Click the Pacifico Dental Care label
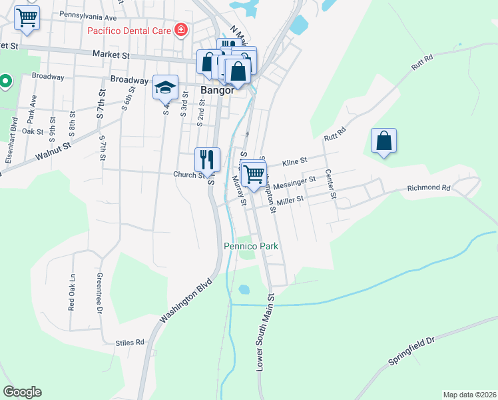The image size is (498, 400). pyautogui.click(x=128, y=31)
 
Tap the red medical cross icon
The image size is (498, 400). pyautogui.click(x=179, y=30)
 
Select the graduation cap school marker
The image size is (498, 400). pyautogui.click(x=166, y=87)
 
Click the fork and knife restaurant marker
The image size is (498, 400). pyautogui.click(x=207, y=159)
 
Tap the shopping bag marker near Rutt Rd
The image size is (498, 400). pyautogui.click(x=384, y=141)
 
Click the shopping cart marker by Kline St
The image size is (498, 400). pyautogui.click(x=254, y=174)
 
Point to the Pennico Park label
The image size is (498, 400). pyautogui.click(x=250, y=247)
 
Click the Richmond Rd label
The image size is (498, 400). pyautogui.click(x=429, y=189)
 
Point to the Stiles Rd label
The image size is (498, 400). pyautogui.click(x=130, y=343)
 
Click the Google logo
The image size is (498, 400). pyautogui.click(x=22, y=392)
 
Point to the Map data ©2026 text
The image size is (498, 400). pyautogui.click(x=469, y=395)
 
